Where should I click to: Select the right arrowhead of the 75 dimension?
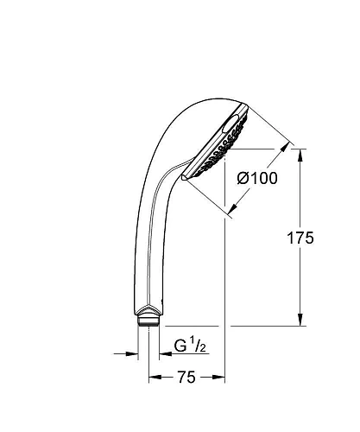220,378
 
